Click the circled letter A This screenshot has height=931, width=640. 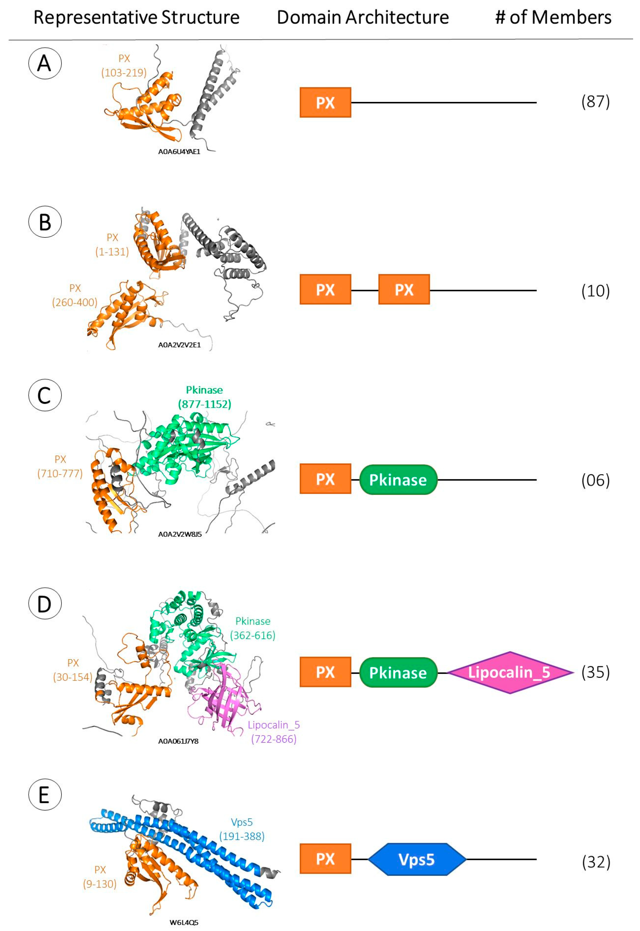(x=44, y=63)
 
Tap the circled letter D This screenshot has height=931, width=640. (x=44, y=604)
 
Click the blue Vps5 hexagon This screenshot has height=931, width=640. (x=417, y=859)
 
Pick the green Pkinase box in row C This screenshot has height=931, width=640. (x=398, y=480)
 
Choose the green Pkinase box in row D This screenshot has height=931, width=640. (x=398, y=672)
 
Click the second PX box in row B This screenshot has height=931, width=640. (x=404, y=290)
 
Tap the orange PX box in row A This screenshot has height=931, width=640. (x=325, y=103)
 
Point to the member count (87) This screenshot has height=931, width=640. (x=596, y=102)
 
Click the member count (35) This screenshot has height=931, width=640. (x=596, y=672)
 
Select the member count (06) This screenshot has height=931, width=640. (x=596, y=480)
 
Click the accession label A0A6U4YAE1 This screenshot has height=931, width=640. (x=179, y=152)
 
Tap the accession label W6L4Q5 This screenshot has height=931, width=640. (x=184, y=922)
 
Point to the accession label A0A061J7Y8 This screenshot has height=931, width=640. (x=178, y=741)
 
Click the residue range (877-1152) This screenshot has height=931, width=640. (x=204, y=404)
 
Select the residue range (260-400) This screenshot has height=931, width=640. (x=75, y=302)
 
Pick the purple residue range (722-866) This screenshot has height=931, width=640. (x=273, y=739)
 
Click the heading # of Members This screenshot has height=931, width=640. (x=553, y=18)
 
